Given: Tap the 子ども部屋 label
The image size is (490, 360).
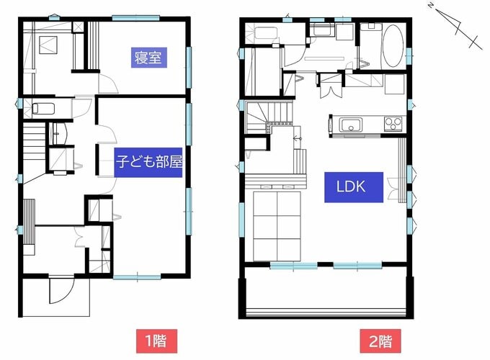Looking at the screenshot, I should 149,161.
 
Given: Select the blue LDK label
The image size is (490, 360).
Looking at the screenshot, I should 351,186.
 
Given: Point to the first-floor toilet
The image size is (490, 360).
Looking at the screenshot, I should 43,109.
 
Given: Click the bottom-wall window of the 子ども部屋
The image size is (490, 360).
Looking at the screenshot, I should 137,276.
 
